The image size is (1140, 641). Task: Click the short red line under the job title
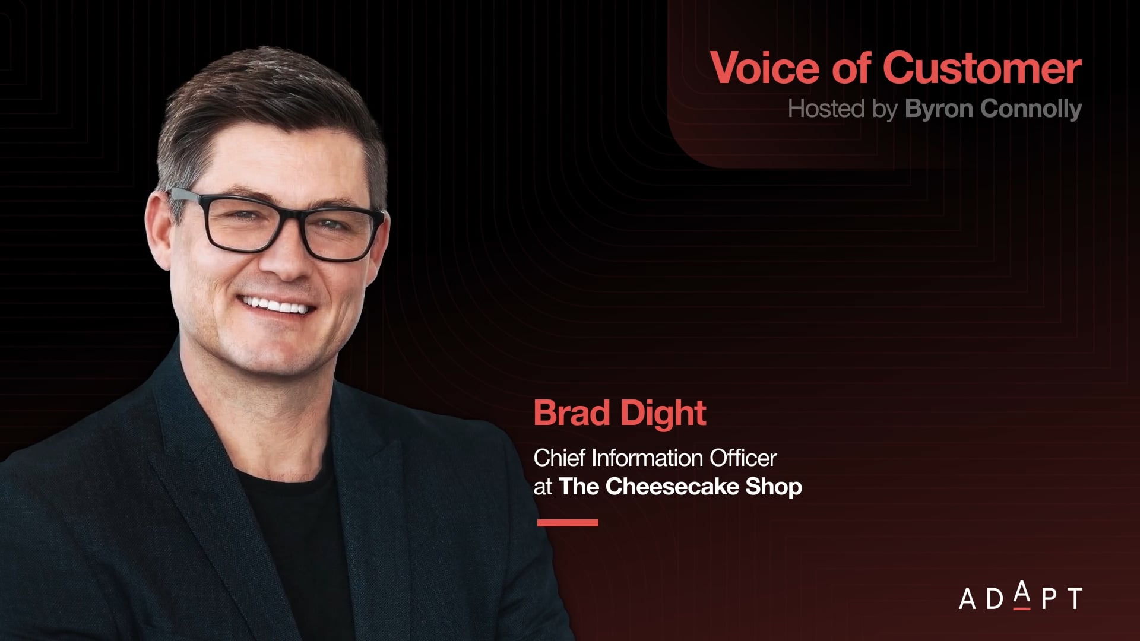click(x=568, y=523)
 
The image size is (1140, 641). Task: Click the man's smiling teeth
click(x=277, y=306)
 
